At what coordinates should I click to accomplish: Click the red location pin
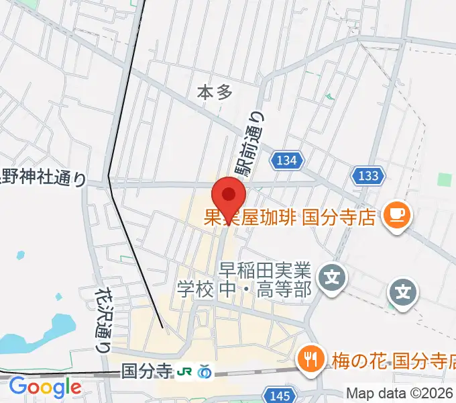point(229,196)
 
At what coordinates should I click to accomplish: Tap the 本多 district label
point(215,93)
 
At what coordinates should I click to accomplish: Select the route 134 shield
point(288,160)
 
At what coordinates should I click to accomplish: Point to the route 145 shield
point(278,395)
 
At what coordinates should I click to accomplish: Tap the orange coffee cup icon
point(396,216)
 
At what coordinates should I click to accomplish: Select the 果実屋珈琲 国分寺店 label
point(288,217)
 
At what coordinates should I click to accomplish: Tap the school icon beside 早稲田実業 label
point(332,276)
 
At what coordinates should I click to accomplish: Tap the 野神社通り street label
point(44,178)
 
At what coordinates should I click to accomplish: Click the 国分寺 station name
point(147,371)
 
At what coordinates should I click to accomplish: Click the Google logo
point(45,388)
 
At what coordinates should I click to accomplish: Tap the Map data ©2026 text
point(400,393)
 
